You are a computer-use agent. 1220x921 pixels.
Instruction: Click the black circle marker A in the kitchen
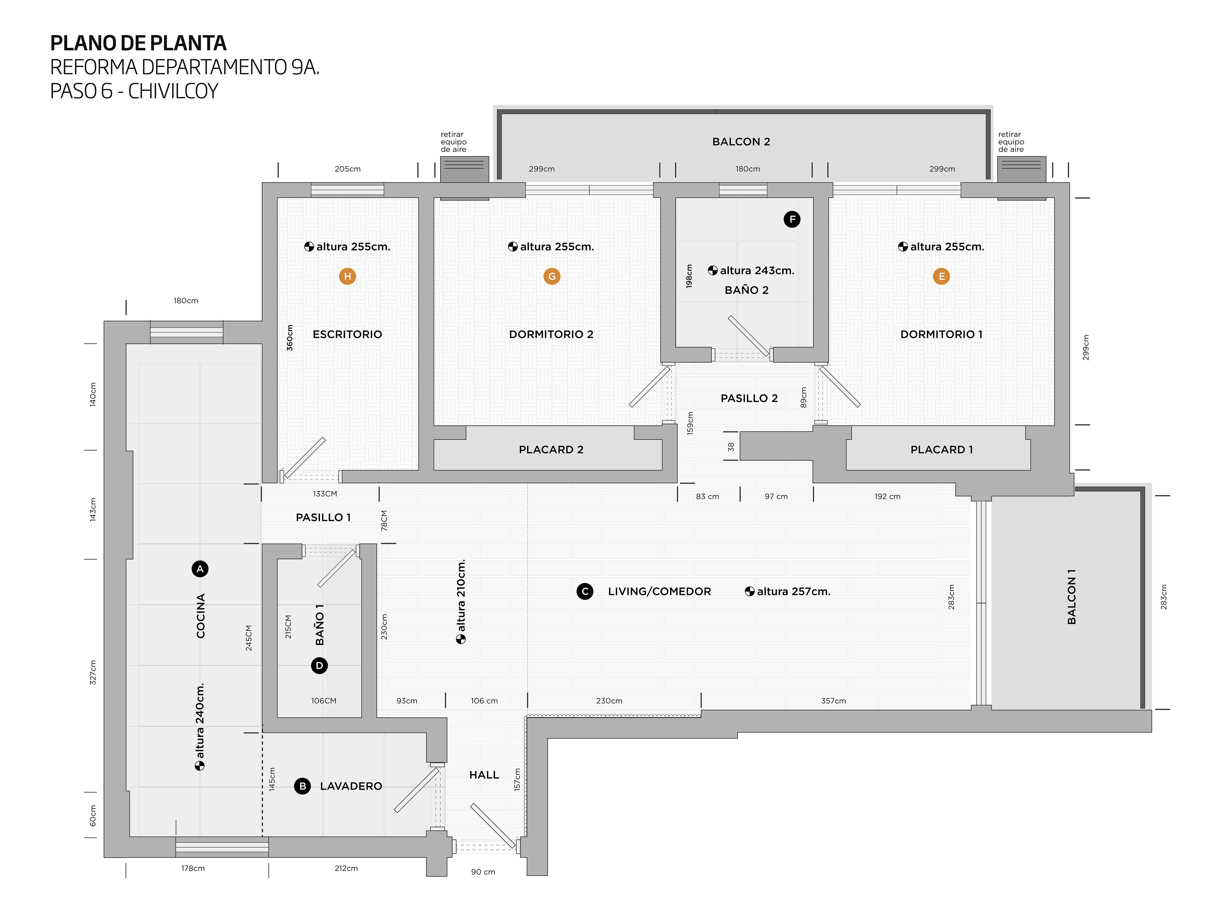coord(200,569)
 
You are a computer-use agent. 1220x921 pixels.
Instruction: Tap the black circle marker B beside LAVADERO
coord(302,786)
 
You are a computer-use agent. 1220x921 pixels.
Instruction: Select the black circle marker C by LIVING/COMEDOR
coord(585,591)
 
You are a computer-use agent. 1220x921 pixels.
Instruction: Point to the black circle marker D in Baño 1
coord(319,665)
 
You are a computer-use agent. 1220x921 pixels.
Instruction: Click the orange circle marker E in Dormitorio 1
coord(941,276)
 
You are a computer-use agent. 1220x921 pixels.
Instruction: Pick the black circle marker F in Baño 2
coord(792,220)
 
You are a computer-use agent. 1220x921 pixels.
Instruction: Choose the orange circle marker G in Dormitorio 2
coord(552,276)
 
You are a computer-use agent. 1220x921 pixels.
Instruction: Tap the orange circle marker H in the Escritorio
coord(348,276)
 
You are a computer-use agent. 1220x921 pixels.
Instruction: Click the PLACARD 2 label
coord(551,450)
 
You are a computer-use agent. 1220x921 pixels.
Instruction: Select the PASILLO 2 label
coord(749,399)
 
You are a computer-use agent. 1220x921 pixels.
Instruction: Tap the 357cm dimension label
coord(833,701)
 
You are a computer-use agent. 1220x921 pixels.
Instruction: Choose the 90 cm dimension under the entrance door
coord(483,872)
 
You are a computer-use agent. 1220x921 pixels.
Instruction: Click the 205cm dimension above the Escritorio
coord(348,169)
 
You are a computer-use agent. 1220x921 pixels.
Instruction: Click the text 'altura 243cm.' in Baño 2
coord(757,270)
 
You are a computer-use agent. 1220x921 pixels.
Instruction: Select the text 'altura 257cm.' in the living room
coord(793,591)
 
